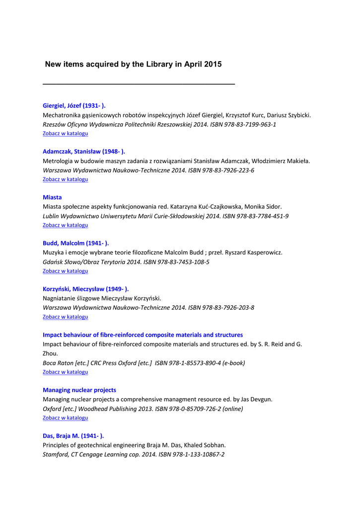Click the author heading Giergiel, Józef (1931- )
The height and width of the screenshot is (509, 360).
click(74, 105)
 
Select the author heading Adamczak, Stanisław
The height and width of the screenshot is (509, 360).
click(83, 151)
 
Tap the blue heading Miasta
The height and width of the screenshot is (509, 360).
click(52, 197)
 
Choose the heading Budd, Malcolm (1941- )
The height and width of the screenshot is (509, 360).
click(75, 243)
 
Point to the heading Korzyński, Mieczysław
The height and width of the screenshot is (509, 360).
click(85, 289)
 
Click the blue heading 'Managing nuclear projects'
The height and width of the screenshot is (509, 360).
click(79, 390)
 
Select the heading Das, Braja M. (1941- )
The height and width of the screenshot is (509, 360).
click(73, 435)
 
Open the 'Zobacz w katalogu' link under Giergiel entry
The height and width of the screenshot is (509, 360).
click(65, 134)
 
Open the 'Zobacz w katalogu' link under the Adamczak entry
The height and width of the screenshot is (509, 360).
click(65, 179)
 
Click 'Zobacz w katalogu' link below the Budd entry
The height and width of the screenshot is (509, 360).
click(65, 271)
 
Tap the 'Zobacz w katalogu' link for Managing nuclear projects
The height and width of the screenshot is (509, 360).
click(65, 418)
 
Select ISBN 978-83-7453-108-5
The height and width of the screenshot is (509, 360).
click(176, 262)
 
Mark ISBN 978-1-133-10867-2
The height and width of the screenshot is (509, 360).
click(192, 454)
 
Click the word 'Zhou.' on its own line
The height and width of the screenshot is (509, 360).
click(51, 353)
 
